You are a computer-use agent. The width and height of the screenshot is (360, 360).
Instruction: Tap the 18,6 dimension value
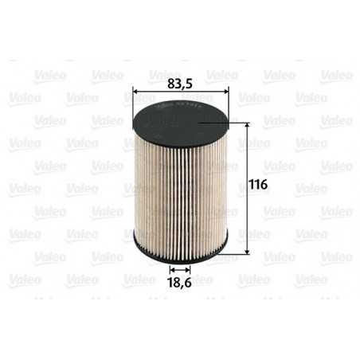180,282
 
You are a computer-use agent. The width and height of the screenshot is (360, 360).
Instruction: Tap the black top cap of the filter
180,119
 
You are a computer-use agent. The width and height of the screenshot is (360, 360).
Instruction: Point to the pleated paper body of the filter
180,191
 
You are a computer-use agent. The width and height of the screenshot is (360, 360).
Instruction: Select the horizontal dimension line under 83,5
181,93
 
